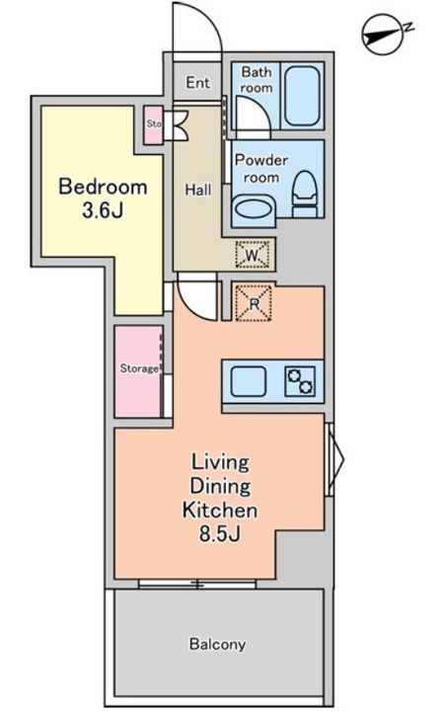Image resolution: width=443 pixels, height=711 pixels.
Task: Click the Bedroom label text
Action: (x=103, y=187)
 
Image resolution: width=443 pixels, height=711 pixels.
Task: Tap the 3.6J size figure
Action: (x=103, y=210)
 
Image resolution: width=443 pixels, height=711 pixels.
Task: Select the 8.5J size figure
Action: (x=220, y=533)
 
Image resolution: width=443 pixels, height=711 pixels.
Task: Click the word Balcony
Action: (x=217, y=644)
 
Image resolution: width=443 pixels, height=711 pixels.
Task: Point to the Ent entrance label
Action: (x=198, y=83)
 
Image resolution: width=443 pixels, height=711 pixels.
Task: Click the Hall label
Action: (x=198, y=190)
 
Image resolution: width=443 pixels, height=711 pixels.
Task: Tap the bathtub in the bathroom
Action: (x=302, y=96)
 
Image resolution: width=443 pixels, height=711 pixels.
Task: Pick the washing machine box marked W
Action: (x=253, y=255)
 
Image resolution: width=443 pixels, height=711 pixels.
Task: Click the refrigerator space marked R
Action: (x=254, y=303)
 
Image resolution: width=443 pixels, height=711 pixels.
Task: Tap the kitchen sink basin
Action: (x=248, y=381)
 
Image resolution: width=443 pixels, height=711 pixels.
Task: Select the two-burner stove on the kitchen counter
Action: (x=300, y=381)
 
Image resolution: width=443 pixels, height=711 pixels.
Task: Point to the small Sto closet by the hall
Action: (x=153, y=124)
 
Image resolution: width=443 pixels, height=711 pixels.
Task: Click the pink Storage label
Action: (x=139, y=368)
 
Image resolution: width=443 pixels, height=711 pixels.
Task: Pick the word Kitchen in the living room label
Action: (x=220, y=511)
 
